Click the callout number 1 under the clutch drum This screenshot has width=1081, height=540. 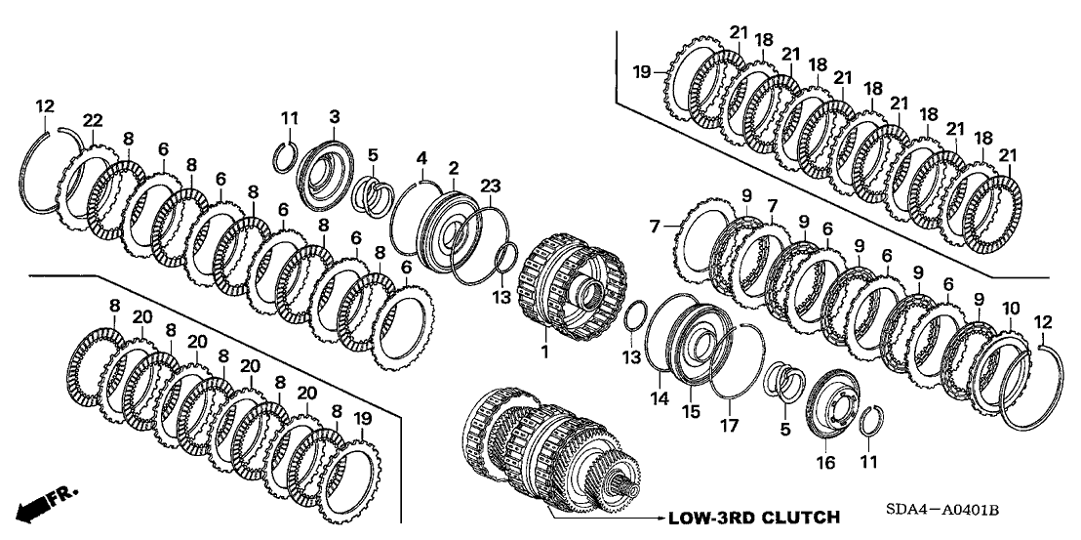coord(545,349)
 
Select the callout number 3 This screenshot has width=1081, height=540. coord(334,117)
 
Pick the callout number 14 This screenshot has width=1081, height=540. coord(661,397)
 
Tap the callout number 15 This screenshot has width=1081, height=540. coord(692,412)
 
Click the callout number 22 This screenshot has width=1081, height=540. coord(92,119)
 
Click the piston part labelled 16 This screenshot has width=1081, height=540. coord(833,405)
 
